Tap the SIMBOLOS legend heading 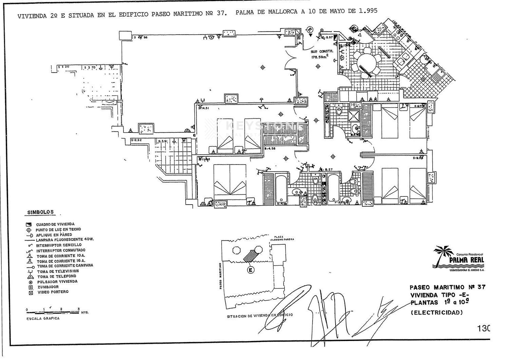click(41, 212)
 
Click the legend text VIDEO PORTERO click(53, 292)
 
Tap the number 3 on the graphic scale click(78, 309)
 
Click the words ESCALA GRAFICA click(43, 318)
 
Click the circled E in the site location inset click(251, 270)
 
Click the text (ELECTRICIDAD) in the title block click(437, 312)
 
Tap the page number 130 click(483, 328)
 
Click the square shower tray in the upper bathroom click(354, 116)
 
